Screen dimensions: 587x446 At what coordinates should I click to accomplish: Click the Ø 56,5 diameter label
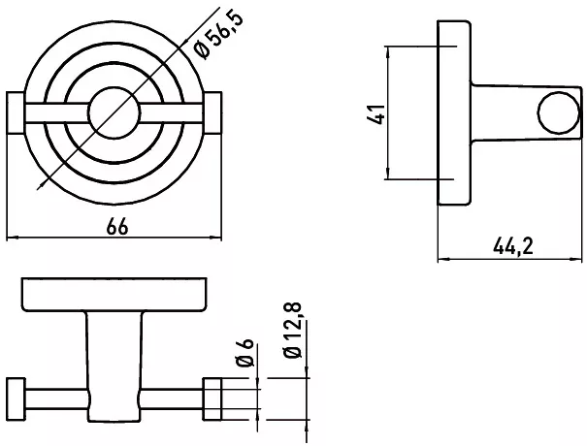tap(220, 35)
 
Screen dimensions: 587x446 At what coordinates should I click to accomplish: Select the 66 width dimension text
tap(117, 226)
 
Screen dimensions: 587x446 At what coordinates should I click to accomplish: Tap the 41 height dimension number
tap(376, 114)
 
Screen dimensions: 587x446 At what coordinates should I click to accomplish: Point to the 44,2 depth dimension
tap(513, 246)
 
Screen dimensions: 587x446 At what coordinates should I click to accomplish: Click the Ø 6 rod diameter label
tap(245, 353)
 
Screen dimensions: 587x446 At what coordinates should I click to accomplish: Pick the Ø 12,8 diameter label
tap(293, 330)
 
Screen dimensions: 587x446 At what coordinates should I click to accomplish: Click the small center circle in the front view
tap(114, 113)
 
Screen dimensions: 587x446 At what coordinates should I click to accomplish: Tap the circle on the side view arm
tap(559, 112)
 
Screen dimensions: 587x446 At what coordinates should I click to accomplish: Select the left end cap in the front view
tap(16, 112)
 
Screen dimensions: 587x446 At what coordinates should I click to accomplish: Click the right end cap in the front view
tap(212, 112)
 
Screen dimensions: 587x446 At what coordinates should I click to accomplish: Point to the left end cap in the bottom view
tap(16, 398)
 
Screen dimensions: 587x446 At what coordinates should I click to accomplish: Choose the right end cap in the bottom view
tap(212, 398)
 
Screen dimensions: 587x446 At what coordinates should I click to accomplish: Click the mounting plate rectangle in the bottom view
tap(114, 295)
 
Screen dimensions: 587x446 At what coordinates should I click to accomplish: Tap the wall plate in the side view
tap(454, 112)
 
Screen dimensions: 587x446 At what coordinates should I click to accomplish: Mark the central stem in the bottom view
tap(114, 366)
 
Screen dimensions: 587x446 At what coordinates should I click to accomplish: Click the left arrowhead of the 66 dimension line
tap(12, 238)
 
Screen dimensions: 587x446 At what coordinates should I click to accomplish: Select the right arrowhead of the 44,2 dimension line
tap(577, 259)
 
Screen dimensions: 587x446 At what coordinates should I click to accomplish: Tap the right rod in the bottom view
tap(173, 398)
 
